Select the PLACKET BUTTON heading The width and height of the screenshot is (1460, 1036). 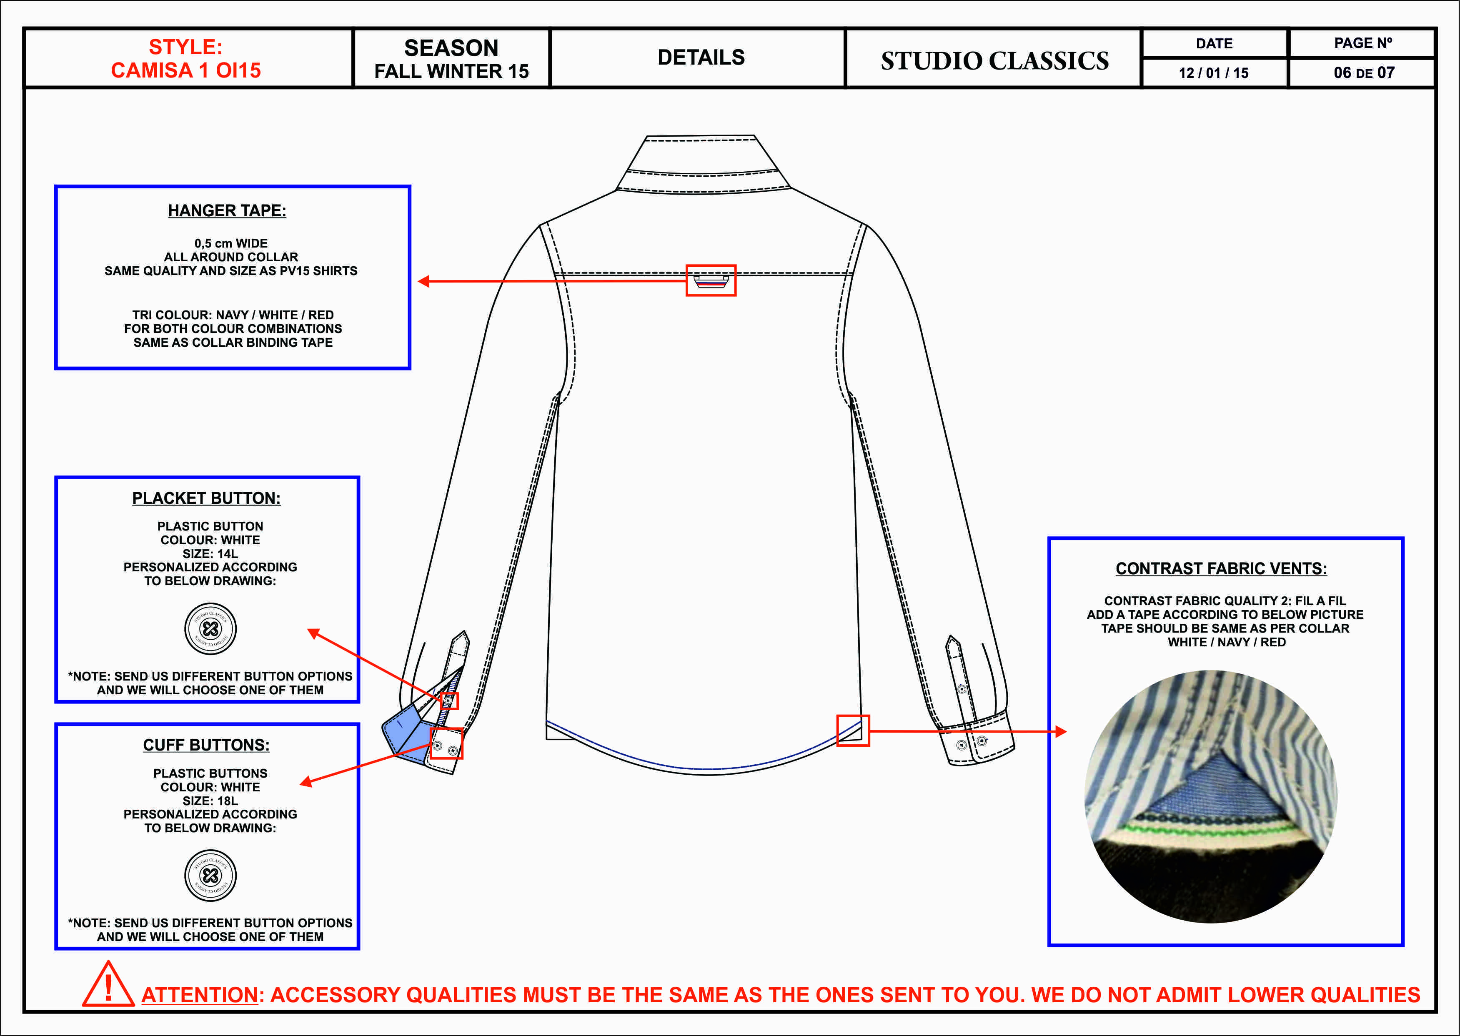(206, 498)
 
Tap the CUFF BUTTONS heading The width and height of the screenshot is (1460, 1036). (206, 745)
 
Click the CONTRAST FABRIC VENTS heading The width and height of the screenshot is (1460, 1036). (1221, 568)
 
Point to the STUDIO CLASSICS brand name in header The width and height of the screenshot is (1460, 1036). (994, 60)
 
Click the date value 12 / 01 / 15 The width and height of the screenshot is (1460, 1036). (1213, 73)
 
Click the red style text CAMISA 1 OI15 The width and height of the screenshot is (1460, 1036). (185, 70)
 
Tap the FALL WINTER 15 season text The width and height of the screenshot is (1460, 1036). (451, 71)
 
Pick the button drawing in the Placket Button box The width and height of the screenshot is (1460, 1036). (210, 628)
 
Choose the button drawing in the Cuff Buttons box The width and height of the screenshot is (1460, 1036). (210, 875)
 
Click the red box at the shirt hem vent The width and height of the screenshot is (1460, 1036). (853, 731)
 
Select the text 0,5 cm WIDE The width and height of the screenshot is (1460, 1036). (231, 243)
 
